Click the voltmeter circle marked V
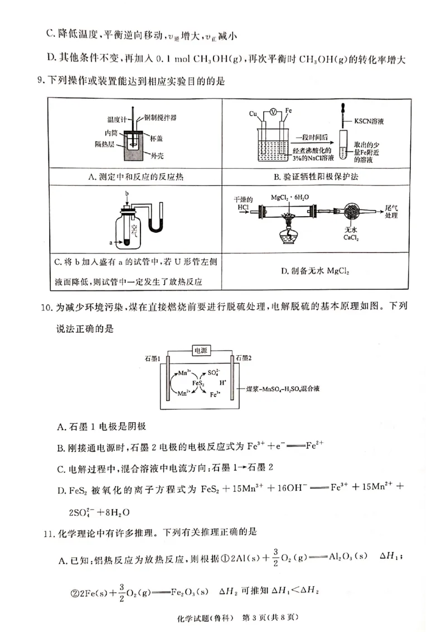click(x=273, y=112)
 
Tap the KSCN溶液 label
click(x=371, y=121)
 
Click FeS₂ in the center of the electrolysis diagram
click(x=199, y=384)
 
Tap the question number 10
click(x=43, y=308)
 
